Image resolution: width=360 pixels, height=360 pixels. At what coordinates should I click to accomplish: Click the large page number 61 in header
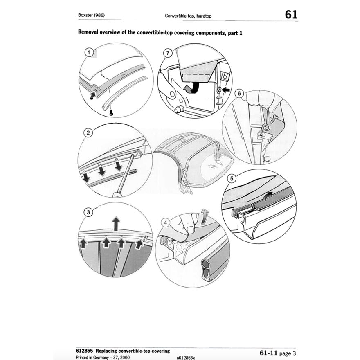[x=291, y=15]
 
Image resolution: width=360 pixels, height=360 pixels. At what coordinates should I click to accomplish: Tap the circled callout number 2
[x=87, y=133]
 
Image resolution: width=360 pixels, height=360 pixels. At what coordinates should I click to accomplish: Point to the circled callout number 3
[x=87, y=212]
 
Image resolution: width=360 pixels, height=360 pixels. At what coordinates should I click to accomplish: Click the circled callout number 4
[x=166, y=223]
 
